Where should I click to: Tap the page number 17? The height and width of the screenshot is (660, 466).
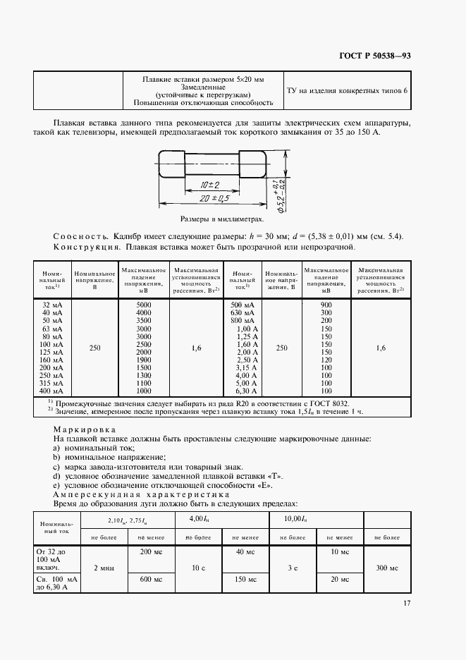pos(407,603)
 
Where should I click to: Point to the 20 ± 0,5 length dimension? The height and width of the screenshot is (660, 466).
pos(211,198)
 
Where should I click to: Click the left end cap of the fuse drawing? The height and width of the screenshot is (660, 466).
pos(173,165)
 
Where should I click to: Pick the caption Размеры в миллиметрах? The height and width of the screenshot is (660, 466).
pos(216,219)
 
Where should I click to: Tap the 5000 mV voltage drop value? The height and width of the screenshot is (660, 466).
pos(143,303)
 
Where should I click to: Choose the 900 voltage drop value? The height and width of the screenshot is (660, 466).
pos(325,303)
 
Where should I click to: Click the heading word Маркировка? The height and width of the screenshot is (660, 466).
pos(85,429)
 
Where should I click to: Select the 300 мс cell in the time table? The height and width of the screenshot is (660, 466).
pos(386,567)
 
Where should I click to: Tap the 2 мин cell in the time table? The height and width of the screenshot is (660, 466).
pos(105,567)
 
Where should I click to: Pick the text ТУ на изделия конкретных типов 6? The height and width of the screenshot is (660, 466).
pos(346,90)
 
